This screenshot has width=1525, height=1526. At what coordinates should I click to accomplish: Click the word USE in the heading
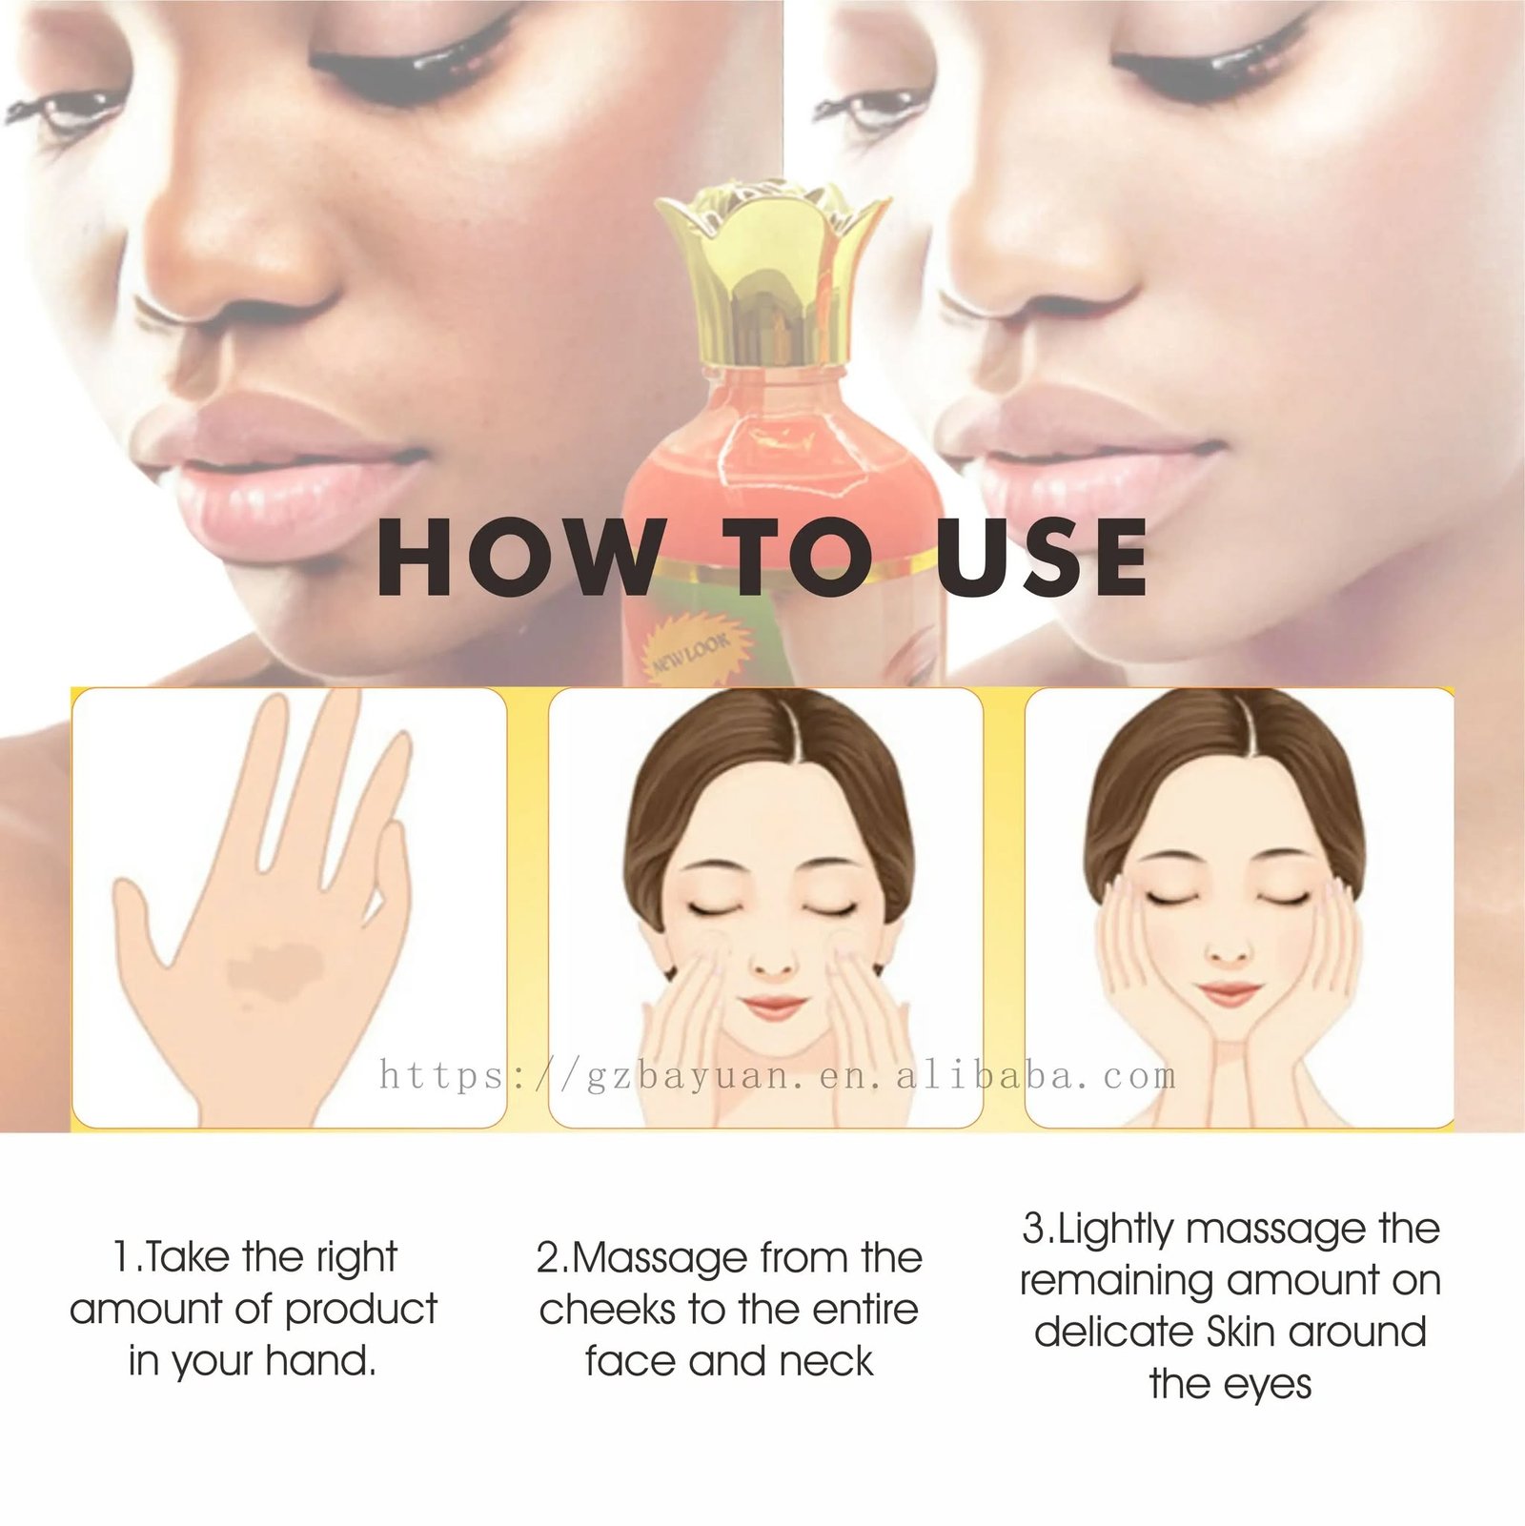[x=1041, y=558]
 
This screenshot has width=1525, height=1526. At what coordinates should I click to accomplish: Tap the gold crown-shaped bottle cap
[x=772, y=276]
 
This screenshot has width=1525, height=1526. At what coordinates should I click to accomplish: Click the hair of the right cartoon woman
[x=1230, y=753]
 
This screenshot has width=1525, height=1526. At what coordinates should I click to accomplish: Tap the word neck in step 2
[x=826, y=1360]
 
